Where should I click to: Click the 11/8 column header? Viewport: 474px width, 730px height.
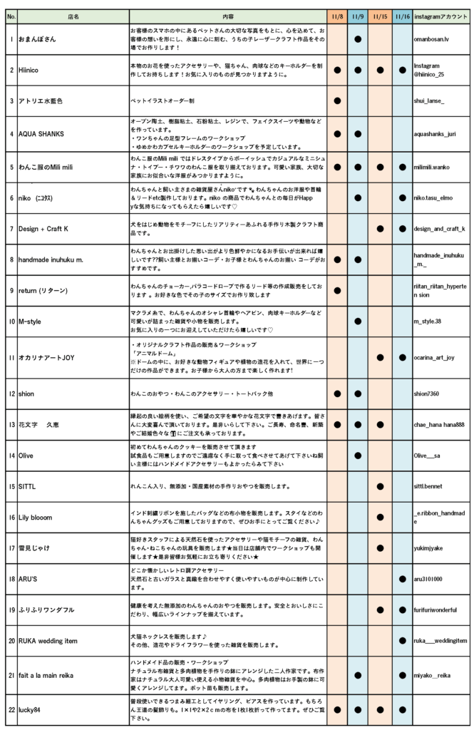(x=338, y=16)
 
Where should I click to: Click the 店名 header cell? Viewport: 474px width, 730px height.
(x=73, y=16)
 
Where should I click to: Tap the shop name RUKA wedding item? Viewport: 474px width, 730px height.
(x=48, y=641)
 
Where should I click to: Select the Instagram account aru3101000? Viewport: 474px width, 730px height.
(x=428, y=579)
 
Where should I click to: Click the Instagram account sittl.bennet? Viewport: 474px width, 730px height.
(x=430, y=487)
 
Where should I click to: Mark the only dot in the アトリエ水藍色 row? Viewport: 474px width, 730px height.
(x=338, y=101)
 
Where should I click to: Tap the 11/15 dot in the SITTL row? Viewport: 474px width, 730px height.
(x=381, y=487)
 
